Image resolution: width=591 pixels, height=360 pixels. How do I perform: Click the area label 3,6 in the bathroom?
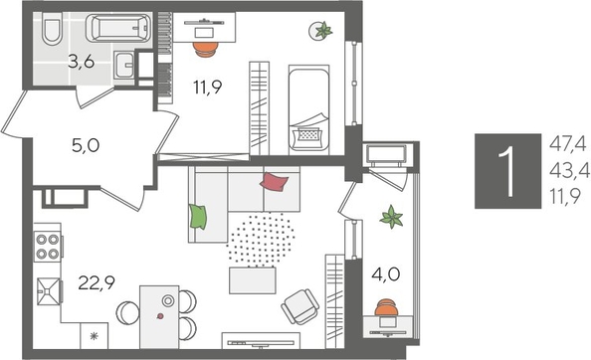[x=82, y=63]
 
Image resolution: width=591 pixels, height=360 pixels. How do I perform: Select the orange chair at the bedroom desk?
[x=204, y=44]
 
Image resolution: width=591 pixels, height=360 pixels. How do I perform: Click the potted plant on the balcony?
[x=392, y=216]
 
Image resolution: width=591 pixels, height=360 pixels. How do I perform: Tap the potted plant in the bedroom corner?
[x=323, y=31]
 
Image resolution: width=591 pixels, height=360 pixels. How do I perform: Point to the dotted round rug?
[x=264, y=240]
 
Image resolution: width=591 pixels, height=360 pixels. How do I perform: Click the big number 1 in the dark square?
[x=508, y=172]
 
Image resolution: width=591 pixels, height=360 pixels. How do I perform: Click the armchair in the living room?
[x=300, y=308]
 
